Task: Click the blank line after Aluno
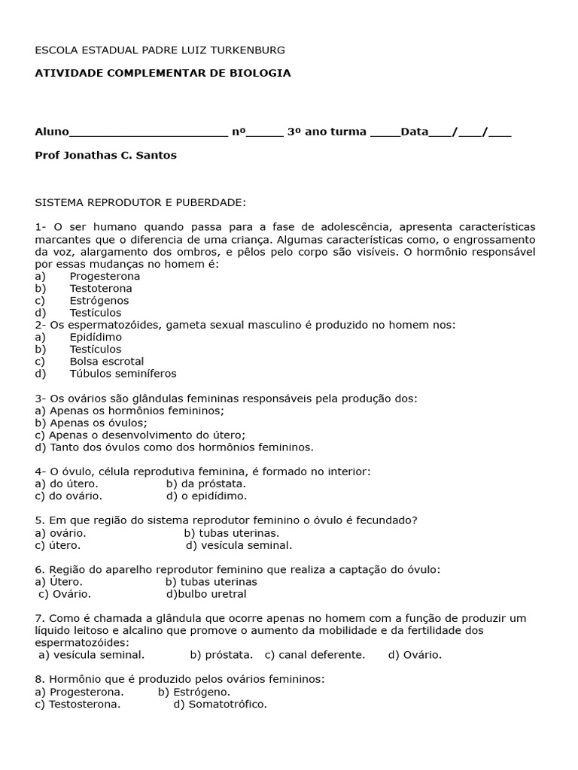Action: (148, 132)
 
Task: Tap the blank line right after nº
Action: (265, 132)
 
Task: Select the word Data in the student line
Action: (415, 132)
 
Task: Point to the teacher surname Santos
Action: (157, 155)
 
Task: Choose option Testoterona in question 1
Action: (101, 288)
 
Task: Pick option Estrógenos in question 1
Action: (99, 300)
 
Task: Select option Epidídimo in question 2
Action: (96, 337)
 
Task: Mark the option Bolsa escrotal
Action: (106, 361)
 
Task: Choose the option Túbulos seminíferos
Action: (123, 373)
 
